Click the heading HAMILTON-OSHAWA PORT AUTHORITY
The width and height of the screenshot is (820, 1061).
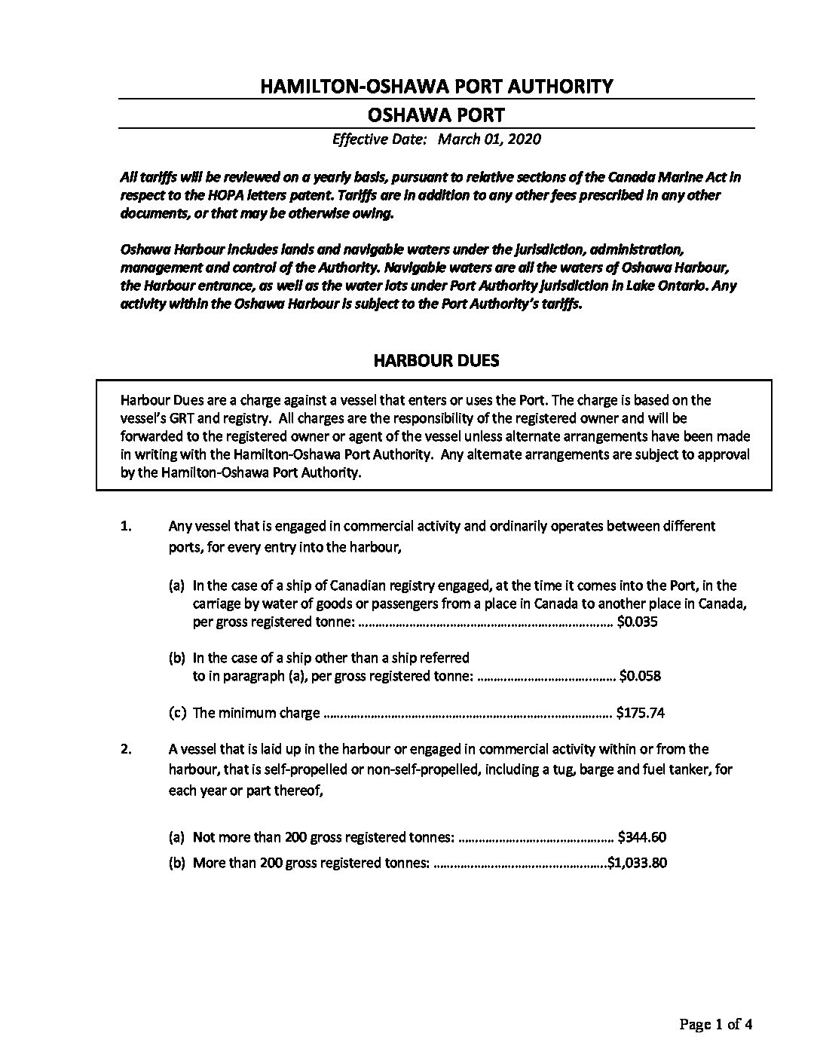click(436, 86)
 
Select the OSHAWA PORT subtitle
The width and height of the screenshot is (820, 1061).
click(436, 115)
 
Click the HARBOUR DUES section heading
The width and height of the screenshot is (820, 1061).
click(436, 360)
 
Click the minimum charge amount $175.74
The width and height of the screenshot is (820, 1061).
click(640, 712)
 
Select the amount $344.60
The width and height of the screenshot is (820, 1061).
click(641, 836)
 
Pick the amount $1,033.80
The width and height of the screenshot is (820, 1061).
click(638, 863)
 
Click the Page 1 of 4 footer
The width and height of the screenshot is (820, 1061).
click(716, 1024)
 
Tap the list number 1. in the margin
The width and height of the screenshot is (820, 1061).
click(127, 526)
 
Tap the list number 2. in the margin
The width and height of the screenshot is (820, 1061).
click(127, 749)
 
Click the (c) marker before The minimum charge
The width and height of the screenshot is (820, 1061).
click(177, 712)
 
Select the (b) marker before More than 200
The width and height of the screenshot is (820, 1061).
click(177, 863)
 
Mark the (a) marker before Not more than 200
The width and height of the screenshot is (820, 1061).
click(177, 836)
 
